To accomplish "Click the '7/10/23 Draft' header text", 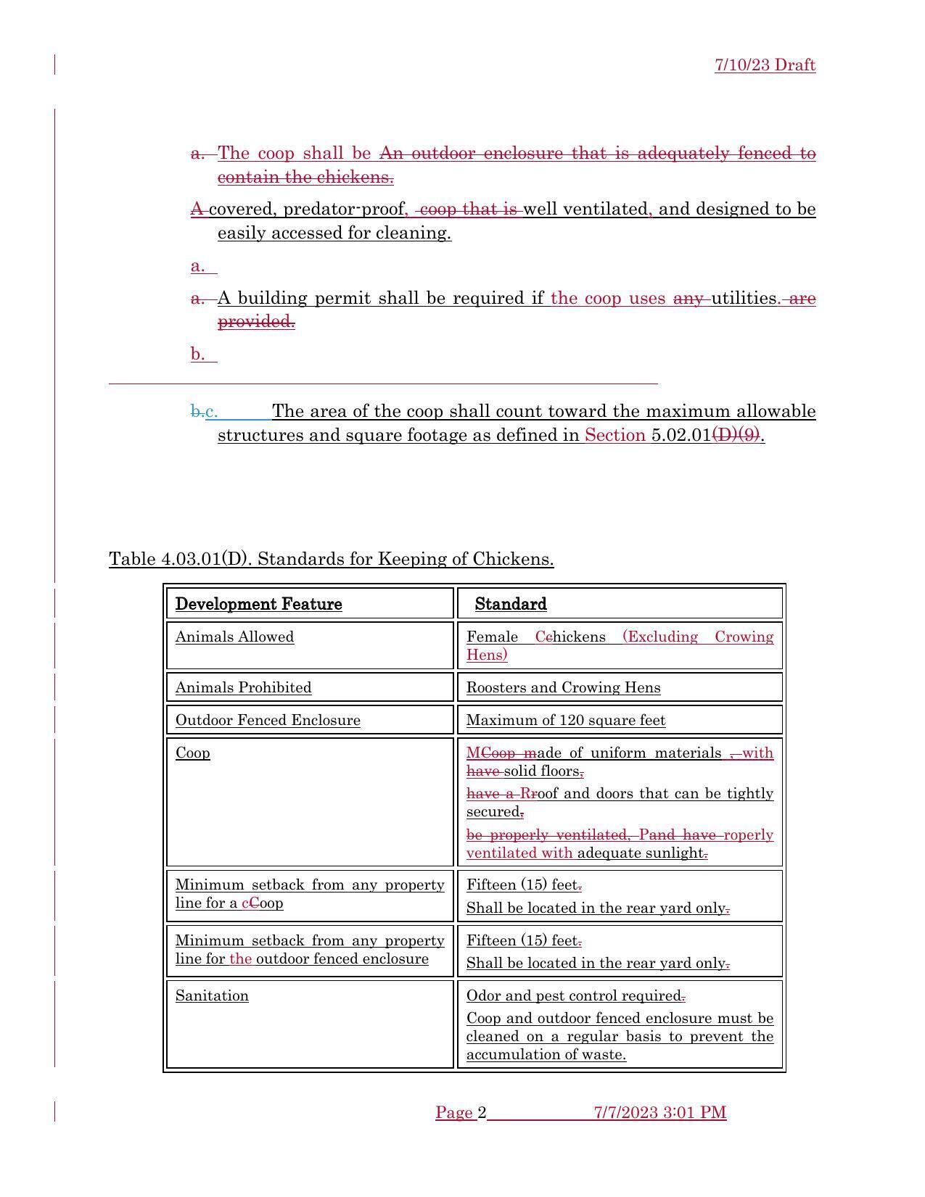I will (765, 65).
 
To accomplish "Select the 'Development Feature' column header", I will (258, 604).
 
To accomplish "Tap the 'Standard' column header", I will (511, 604).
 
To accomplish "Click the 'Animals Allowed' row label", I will (234, 637).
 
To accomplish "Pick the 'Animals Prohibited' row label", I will (243, 687).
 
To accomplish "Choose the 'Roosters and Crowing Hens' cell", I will (563, 687).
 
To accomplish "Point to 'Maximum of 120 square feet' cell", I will (565, 720).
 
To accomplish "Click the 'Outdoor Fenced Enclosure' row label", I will (268, 720).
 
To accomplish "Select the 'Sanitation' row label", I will (212, 995).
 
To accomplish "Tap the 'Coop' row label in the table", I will (193, 753).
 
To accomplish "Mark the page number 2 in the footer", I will (482, 1112).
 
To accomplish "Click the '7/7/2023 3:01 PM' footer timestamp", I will (659, 1112).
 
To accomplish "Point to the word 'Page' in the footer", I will (454, 1112).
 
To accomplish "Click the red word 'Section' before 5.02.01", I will (614, 435).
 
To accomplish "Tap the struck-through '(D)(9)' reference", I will (736, 435).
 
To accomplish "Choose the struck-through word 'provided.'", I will (256, 321).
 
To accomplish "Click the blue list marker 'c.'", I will (212, 412).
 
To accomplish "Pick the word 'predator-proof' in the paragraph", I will (344, 210).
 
